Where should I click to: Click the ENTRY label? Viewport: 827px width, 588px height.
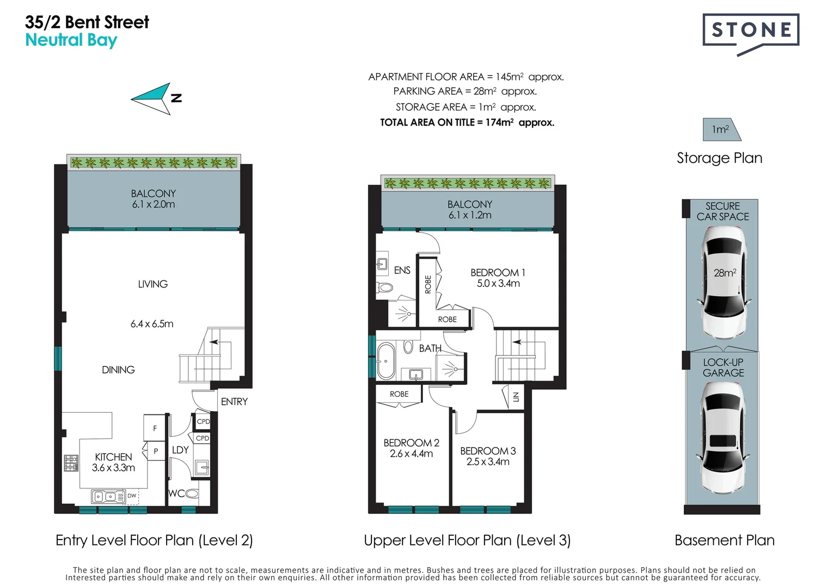[234, 402]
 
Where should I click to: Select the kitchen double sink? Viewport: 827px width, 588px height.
[108, 497]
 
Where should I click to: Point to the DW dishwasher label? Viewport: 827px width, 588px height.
[132, 496]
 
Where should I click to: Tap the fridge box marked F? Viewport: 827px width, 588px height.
[155, 428]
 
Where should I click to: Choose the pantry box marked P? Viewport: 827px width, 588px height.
[156, 451]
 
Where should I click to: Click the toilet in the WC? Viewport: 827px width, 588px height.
[192, 493]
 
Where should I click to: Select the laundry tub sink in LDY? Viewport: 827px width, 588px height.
[201, 467]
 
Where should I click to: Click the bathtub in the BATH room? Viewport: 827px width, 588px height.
[386, 362]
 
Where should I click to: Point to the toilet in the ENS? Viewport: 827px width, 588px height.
[384, 287]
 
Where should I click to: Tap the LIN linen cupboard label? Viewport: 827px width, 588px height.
[516, 397]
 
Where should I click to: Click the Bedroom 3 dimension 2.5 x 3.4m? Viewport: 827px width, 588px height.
[488, 462]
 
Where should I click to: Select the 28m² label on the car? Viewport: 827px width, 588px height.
[725, 273]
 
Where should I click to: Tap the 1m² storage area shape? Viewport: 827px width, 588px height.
[721, 130]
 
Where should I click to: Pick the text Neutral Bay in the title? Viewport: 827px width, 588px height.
[71, 40]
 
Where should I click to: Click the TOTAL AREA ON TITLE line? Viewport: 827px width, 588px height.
[467, 122]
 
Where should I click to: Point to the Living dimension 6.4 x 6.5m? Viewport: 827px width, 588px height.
[152, 324]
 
